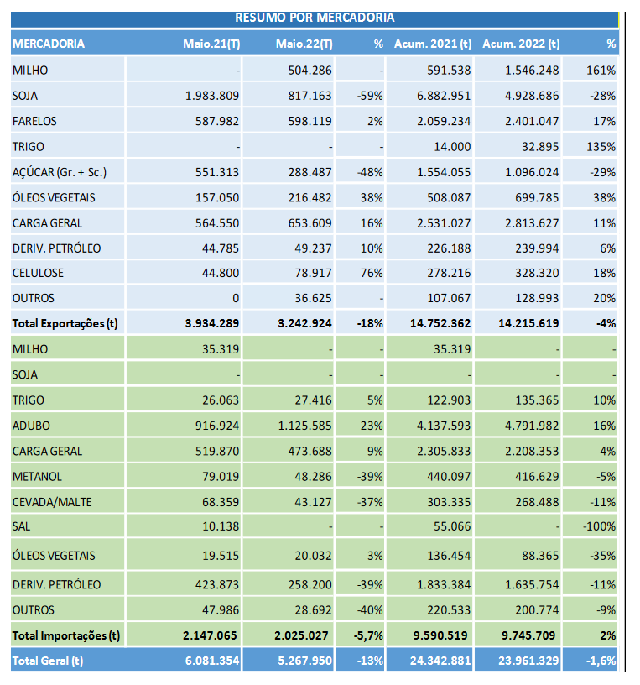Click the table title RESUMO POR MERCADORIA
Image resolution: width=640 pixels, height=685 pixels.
[x=315, y=18]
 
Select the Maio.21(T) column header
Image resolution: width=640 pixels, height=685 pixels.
[x=211, y=44]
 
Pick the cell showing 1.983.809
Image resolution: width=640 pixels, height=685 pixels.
[x=212, y=96]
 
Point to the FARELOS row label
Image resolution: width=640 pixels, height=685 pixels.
[x=34, y=121]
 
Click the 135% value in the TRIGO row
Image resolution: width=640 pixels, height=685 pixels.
[x=601, y=147]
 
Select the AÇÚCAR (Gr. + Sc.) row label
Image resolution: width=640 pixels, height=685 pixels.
[x=60, y=172]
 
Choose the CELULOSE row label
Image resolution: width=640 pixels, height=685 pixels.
[x=38, y=273]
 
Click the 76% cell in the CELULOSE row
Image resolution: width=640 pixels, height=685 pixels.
[x=371, y=273]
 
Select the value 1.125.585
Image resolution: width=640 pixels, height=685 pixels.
[x=304, y=426]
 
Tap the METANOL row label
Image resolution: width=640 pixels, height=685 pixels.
[x=37, y=477]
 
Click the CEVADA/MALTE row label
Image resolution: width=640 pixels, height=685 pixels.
[x=52, y=502]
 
